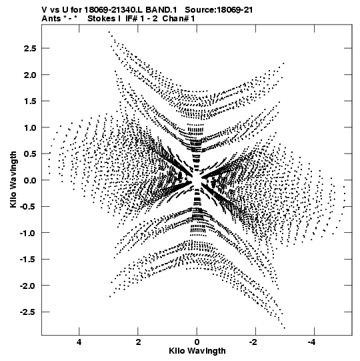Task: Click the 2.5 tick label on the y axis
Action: [x=30, y=49]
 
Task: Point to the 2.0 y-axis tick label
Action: [x=30, y=75]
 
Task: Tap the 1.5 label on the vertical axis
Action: [x=30, y=101]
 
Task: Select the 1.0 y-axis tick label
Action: [x=30, y=127]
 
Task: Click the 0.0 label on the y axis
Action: [x=30, y=180]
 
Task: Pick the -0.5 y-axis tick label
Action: [x=28, y=206]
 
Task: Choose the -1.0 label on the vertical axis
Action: [x=28, y=233]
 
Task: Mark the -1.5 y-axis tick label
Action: [x=28, y=260]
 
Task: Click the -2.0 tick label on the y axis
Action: [x=28, y=286]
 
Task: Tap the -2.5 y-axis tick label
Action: [x=28, y=312]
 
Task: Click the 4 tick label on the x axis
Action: [x=79, y=342]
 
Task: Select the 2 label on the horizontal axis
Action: [x=138, y=342]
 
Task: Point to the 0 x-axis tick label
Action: [x=197, y=342]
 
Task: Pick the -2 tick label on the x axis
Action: [x=253, y=342]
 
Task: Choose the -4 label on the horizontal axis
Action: [x=313, y=342]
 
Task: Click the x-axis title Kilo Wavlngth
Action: [x=197, y=351]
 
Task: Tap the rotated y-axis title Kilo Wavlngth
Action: [x=13, y=179]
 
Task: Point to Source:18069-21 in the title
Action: [x=219, y=10]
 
